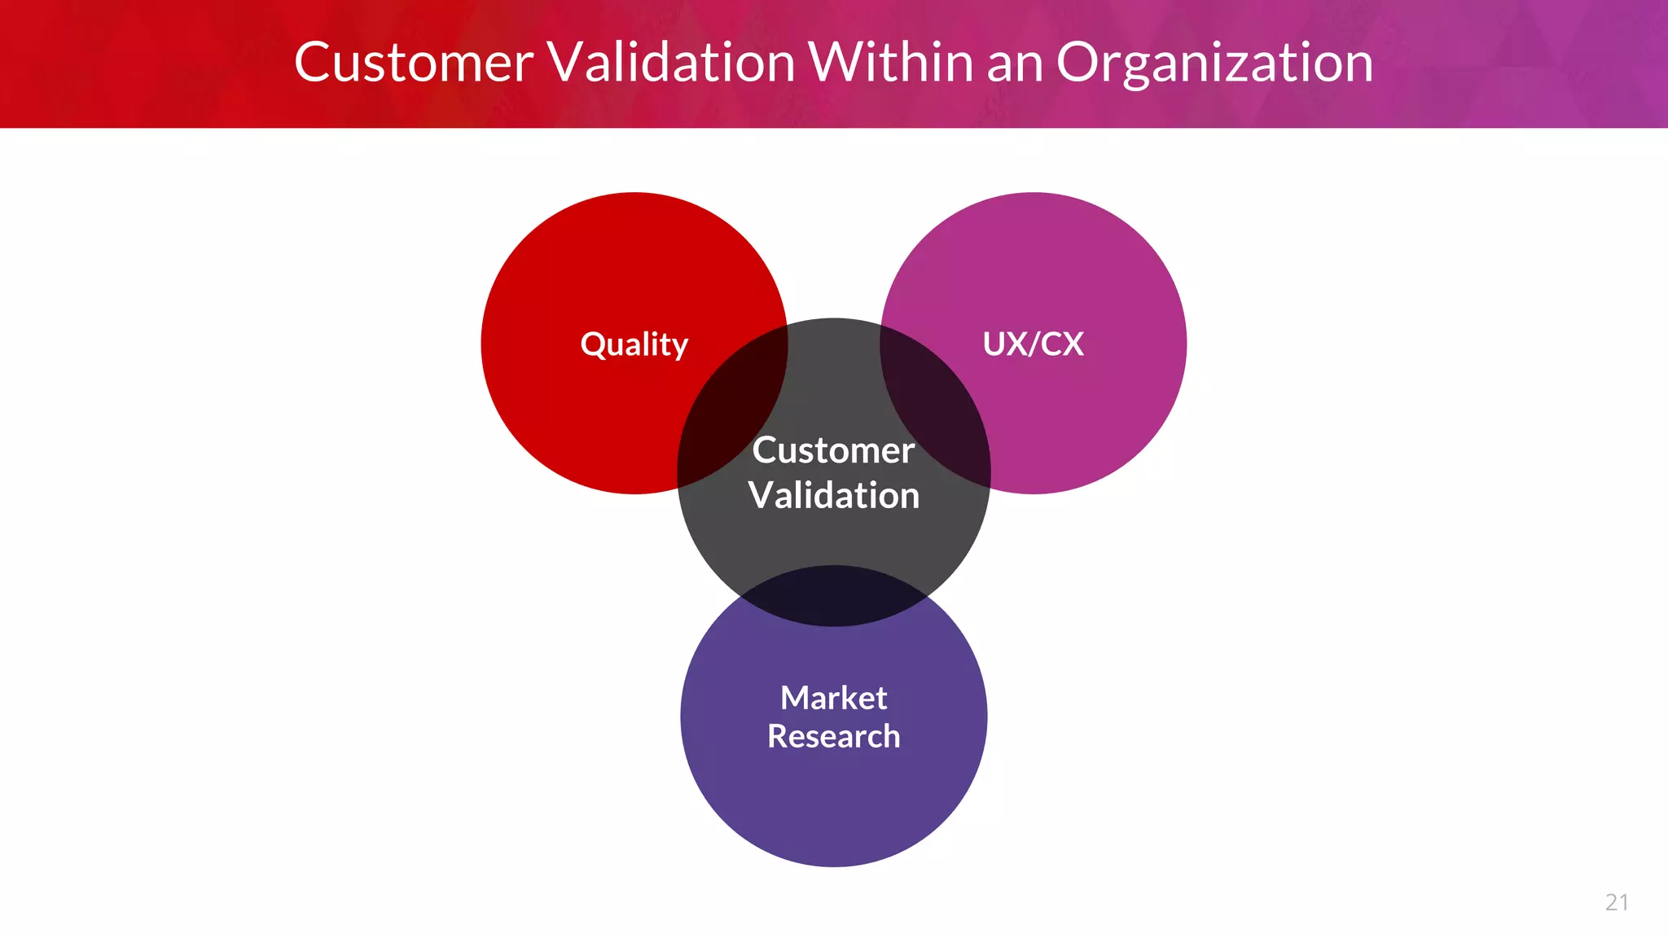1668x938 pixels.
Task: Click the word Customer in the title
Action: tap(414, 63)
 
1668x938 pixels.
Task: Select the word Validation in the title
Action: tap(670, 63)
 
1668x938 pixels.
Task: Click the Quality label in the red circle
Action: tap(634, 344)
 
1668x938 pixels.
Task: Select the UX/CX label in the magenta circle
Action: tap(1033, 344)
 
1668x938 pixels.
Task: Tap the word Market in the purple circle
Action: tap(833, 698)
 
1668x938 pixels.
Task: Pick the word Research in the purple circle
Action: tap(833, 736)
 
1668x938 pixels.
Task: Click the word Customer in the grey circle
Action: tap(833, 450)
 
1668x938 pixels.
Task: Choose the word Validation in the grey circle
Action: tap(833, 496)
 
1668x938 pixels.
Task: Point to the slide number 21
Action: tap(1617, 902)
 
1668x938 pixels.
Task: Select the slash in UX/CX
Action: tap(1034, 344)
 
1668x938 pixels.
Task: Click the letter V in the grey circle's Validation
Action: tap(761, 495)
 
